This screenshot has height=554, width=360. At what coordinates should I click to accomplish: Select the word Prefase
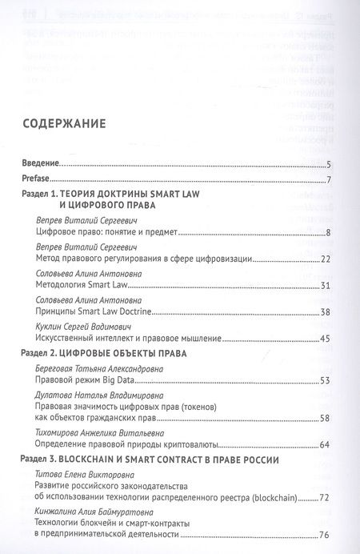coord(35,178)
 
